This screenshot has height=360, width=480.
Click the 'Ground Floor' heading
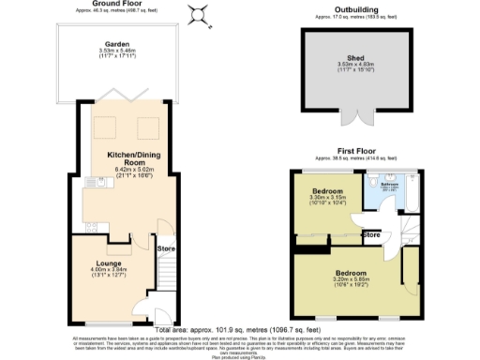coord(115,4)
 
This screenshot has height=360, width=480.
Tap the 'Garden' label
coord(117,43)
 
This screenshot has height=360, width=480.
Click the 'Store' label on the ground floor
coord(166,248)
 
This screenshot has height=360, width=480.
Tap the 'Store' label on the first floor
coord(371,234)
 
